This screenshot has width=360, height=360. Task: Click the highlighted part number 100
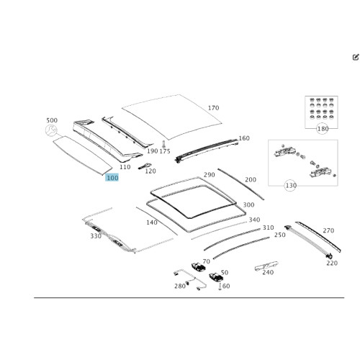tap(112, 178)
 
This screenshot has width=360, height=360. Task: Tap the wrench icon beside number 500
tap(51, 130)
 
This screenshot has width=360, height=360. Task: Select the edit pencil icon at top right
tap(356, 57)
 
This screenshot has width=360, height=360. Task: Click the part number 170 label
tap(213, 108)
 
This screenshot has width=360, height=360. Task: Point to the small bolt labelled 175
tap(163, 144)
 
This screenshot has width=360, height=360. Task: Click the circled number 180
tap(323, 129)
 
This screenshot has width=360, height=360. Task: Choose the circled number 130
tap(291, 186)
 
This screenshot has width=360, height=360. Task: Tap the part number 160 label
tap(244, 138)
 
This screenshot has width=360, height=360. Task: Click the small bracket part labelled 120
tap(145, 166)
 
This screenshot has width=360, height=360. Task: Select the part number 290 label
tap(210, 175)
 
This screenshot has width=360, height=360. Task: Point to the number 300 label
tap(248, 204)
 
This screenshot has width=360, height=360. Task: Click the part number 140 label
tap(152, 222)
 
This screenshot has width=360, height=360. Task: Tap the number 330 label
tap(96, 236)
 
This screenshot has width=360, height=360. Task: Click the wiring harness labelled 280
tap(189, 279)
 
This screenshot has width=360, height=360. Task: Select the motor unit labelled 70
tap(198, 267)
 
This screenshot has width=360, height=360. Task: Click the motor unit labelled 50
tap(216, 277)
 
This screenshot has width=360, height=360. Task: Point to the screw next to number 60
tap(220, 287)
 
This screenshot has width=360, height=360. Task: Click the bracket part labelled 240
tap(266, 266)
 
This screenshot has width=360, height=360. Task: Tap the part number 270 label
tap(328, 230)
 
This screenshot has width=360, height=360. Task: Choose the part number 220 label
tap(332, 263)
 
